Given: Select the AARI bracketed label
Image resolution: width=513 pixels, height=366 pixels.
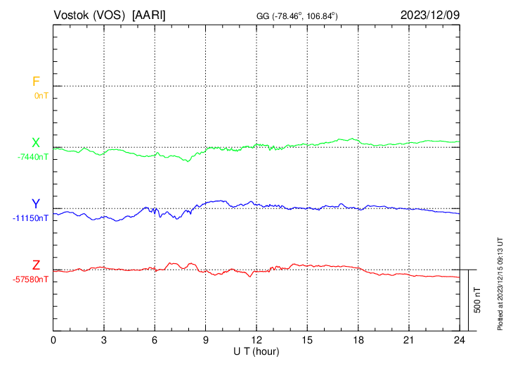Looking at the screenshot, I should pyautogui.click(x=150, y=15).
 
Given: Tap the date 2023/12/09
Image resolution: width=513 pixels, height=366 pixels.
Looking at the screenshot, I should pyautogui.click(x=429, y=15).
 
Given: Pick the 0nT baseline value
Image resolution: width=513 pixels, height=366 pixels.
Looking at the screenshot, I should pyautogui.click(x=41, y=95).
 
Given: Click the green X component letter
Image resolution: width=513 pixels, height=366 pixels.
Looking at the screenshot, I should pyautogui.click(x=35, y=144).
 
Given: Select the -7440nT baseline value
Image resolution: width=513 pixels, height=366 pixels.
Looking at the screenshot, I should pyautogui.click(x=33, y=157).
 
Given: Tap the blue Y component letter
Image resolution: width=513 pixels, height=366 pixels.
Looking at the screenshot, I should pyautogui.click(x=35, y=205).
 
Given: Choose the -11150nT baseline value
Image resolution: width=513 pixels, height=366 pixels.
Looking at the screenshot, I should pyautogui.click(x=31, y=218).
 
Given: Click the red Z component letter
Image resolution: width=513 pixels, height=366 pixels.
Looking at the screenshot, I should pyautogui.click(x=36, y=265).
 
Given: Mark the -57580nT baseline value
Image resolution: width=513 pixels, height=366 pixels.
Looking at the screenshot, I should pyautogui.click(x=31, y=279).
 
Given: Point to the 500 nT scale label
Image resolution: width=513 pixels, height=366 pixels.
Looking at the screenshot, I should pyautogui.click(x=477, y=300).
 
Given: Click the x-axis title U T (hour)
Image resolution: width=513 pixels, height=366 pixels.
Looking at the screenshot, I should pyautogui.click(x=256, y=351).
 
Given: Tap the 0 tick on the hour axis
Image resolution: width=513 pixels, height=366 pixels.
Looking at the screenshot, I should pyautogui.click(x=53, y=340).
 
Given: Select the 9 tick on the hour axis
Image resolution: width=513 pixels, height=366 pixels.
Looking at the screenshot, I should pyautogui.click(x=206, y=340).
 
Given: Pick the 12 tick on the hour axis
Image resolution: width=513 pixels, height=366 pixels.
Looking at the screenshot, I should pyautogui.click(x=256, y=340).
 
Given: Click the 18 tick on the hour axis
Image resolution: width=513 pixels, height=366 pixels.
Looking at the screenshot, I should pyautogui.click(x=358, y=340).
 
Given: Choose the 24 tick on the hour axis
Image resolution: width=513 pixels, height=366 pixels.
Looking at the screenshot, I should pyautogui.click(x=459, y=340).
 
